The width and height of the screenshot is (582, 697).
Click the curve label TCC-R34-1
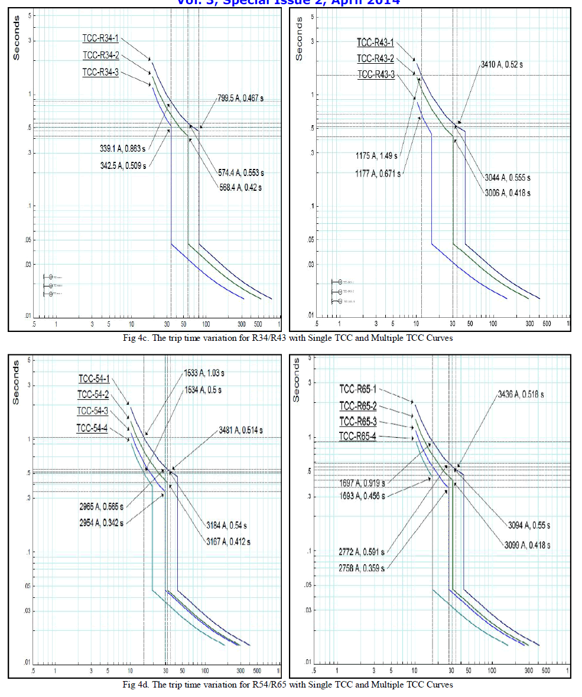tap(100, 39)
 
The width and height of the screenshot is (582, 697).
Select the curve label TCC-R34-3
tap(100, 73)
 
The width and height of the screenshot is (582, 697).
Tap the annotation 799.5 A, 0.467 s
tap(241, 98)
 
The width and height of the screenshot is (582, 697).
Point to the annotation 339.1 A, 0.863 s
tap(122, 147)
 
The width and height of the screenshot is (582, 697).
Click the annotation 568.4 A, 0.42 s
tap(240, 187)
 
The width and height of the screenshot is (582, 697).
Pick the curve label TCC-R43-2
tap(375, 58)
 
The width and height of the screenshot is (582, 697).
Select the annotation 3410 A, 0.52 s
tap(501, 64)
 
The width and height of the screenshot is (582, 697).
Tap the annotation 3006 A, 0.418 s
tap(508, 193)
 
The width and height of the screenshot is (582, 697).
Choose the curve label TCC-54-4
tap(92, 428)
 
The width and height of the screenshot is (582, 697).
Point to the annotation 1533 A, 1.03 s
tap(204, 374)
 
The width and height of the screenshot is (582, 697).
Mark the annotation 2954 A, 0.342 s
tap(101, 522)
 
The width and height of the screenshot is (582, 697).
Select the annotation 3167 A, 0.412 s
tap(227, 541)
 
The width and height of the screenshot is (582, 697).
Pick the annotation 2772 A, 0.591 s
tap(361, 552)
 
